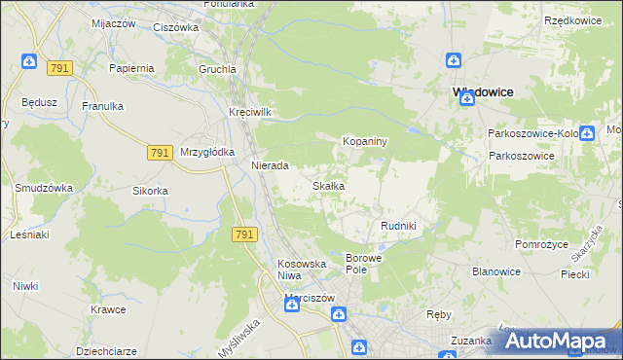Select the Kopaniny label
point(365,141)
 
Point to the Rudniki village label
point(398,226)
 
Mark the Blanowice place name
point(495,273)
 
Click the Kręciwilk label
point(249,111)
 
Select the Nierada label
point(270,165)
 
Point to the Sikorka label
point(152,191)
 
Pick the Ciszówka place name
point(175,27)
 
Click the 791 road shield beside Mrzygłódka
point(161,153)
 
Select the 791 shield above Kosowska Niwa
point(244,234)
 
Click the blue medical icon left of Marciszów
point(291,305)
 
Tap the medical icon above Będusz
point(30,62)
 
